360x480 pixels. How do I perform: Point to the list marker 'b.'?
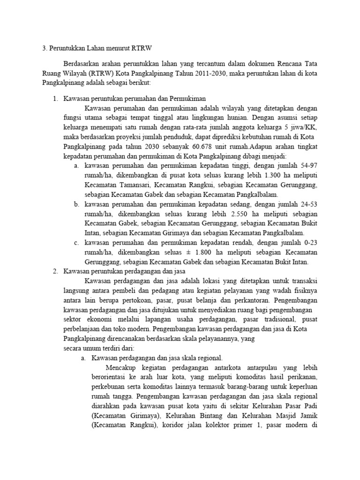click(x=77, y=204)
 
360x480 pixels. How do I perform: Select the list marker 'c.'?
click(x=77, y=243)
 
